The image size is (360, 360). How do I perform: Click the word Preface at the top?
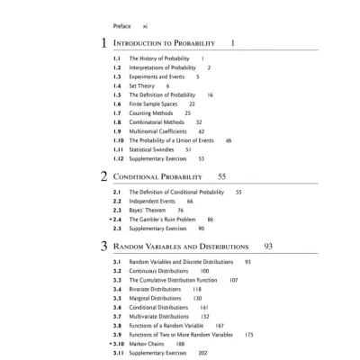point(123,27)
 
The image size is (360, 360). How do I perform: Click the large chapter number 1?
point(104,43)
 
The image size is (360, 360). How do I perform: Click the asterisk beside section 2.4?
point(109,219)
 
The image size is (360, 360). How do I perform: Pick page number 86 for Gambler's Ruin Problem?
point(210,219)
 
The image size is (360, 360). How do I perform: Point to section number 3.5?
point(117,298)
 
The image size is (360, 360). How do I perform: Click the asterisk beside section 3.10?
point(109,344)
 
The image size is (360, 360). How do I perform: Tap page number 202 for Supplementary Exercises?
point(202,354)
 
